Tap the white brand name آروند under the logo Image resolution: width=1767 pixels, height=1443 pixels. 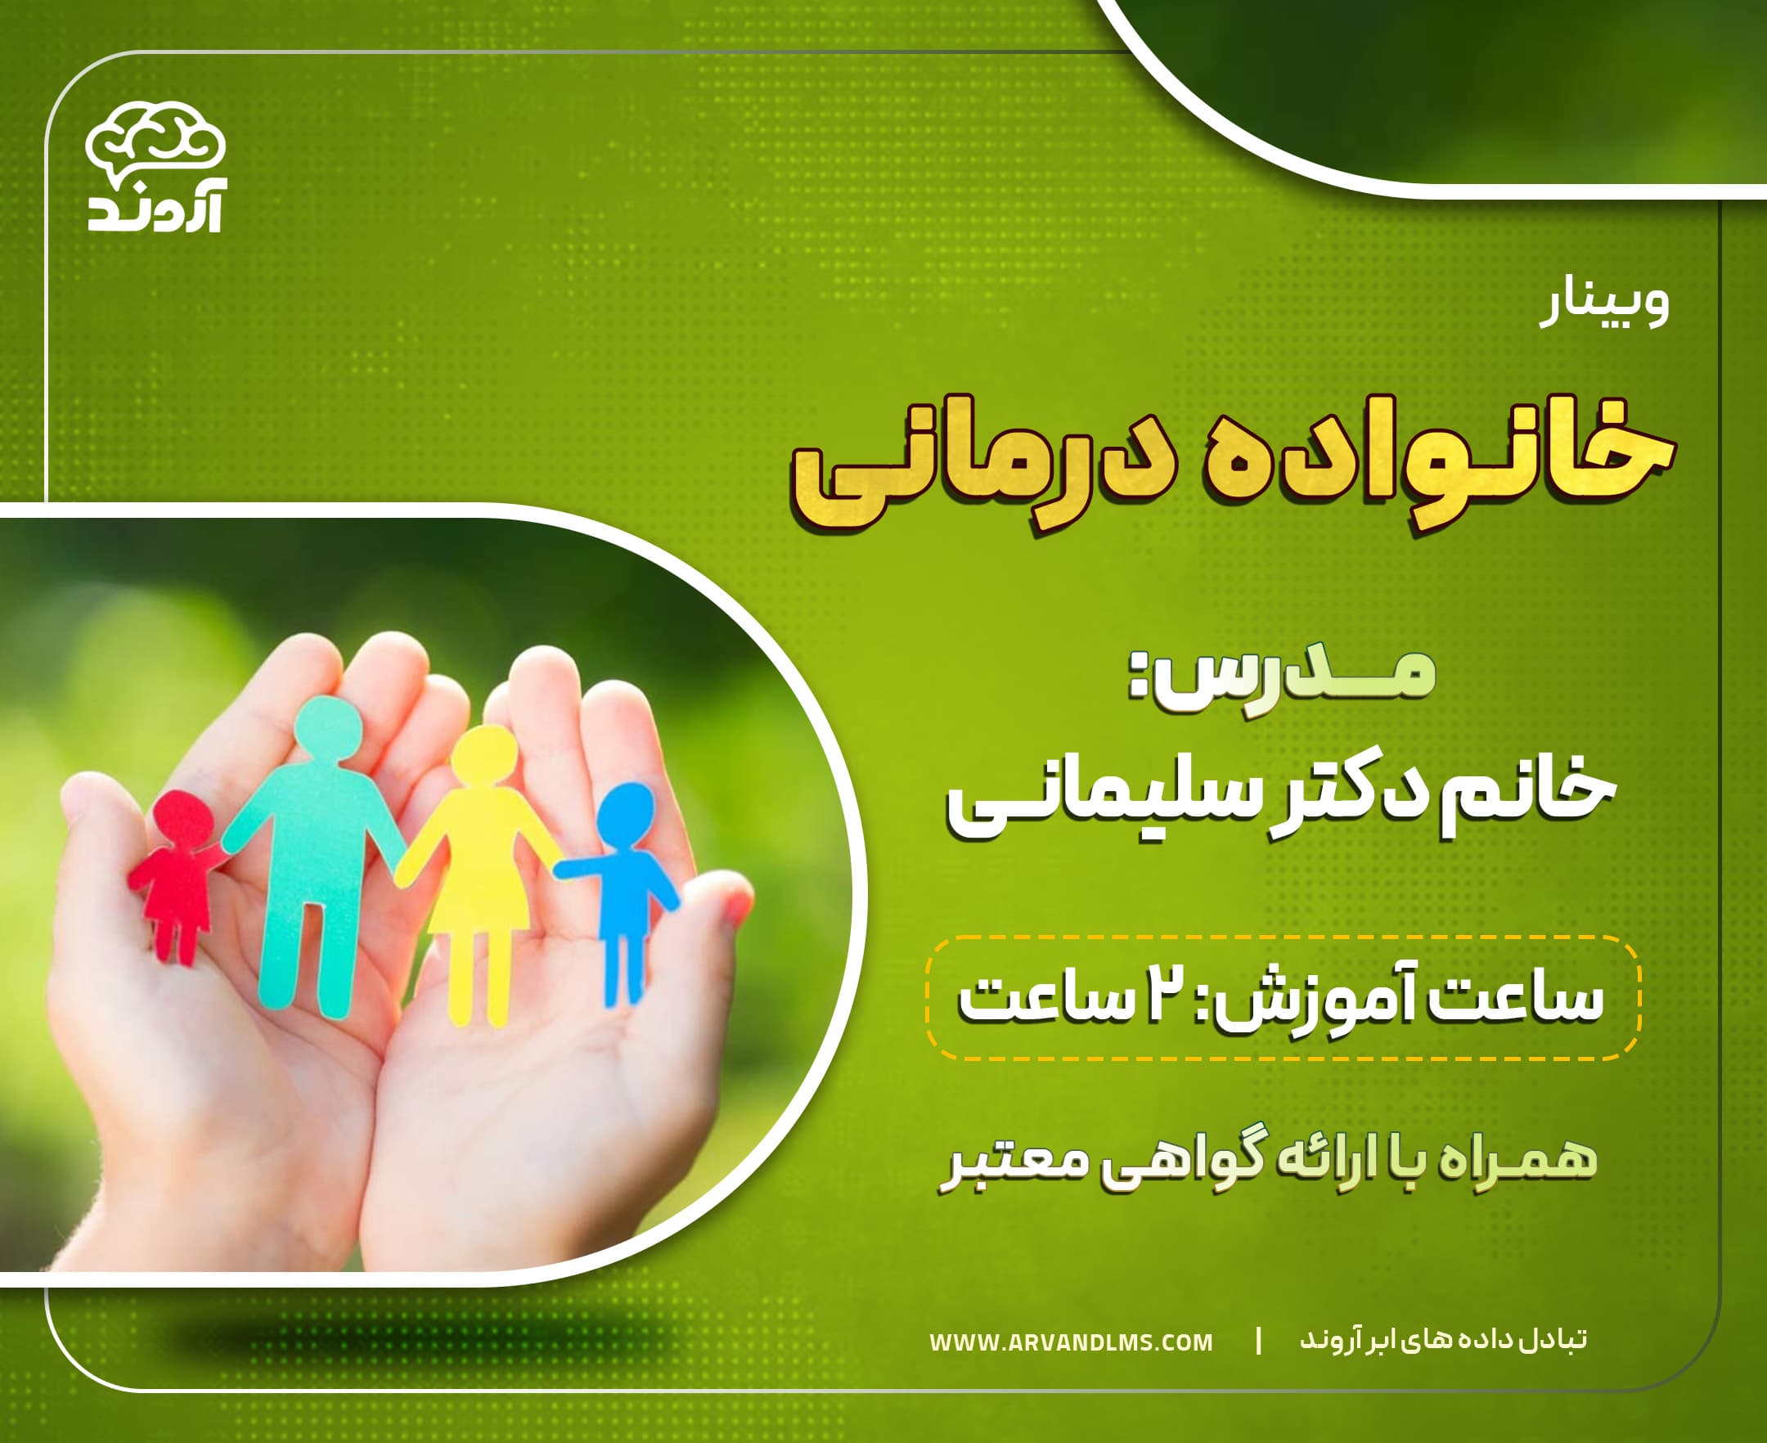(155, 213)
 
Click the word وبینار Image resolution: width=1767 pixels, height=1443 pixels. (1605, 306)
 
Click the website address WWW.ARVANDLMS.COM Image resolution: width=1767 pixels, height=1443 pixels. (1071, 1342)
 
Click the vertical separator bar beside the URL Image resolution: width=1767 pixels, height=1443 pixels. (1258, 1340)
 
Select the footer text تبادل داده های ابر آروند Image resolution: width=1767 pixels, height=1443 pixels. (1443, 1339)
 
